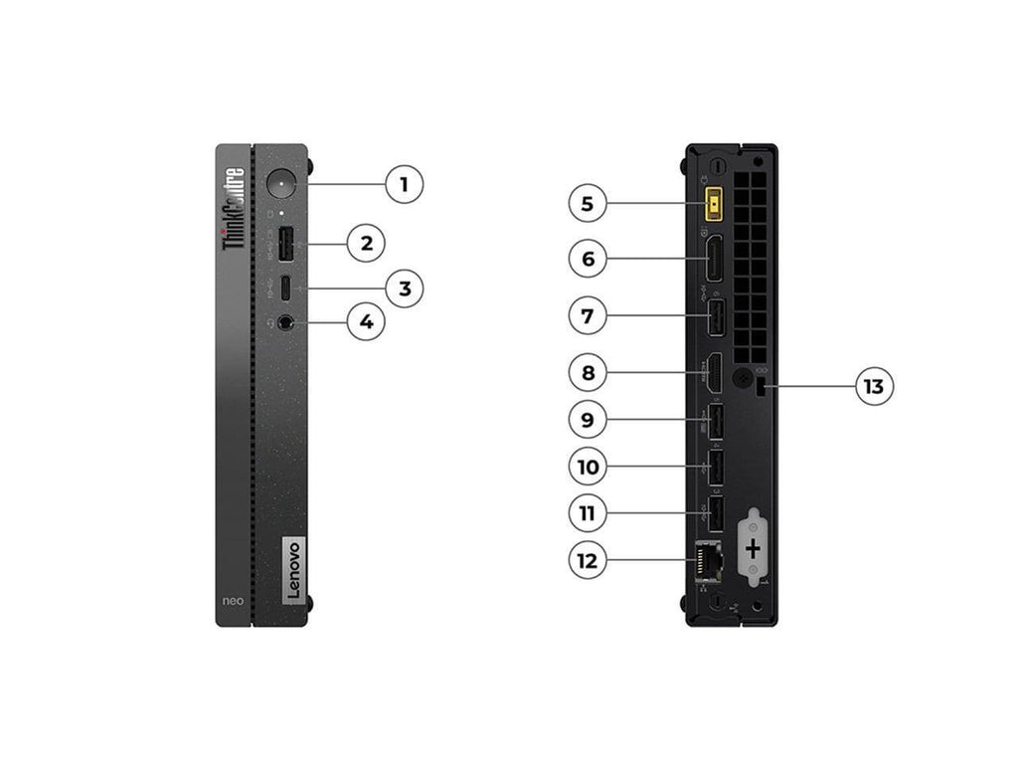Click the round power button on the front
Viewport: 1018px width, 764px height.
[x=283, y=185]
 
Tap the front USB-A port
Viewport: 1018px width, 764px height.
[x=284, y=242]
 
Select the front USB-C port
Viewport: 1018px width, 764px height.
[x=285, y=288]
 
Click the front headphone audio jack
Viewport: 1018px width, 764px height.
[x=286, y=322]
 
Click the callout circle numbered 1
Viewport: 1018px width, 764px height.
[x=404, y=184]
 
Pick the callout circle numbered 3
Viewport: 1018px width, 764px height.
[x=404, y=288]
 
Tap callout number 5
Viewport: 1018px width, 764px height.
[x=588, y=204]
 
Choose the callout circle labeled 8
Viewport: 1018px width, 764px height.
[x=588, y=373]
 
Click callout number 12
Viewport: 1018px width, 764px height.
[x=588, y=560]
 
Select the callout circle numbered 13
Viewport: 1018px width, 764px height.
[x=874, y=386]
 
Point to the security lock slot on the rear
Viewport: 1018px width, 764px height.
[x=763, y=387]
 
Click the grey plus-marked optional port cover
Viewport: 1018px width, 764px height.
[x=753, y=547]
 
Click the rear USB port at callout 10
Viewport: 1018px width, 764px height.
[x=715, y=466]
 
